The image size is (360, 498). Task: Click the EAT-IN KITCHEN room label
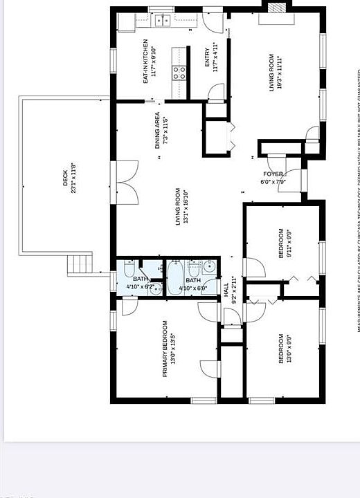pos(145,61)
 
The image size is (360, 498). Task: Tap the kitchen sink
pos(163,20)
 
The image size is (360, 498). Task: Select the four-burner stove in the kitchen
pos(180,72)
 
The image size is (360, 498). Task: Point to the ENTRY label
pos(206,59)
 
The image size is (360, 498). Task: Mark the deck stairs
pos(80,264)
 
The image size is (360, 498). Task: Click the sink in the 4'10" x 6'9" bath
pos(208,266)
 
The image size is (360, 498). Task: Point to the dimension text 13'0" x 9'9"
pos(289,349)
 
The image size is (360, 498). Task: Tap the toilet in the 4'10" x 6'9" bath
pos(193,266)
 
